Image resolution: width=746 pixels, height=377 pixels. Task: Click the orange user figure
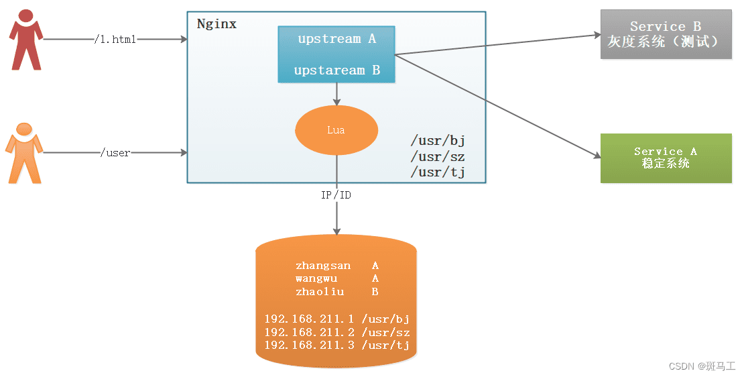(x=25, y=153)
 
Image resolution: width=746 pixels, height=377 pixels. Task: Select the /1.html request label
(x=115, y=40)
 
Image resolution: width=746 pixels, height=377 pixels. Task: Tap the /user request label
(x=115, y=153)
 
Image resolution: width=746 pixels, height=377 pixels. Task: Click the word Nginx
(x=216, y=24)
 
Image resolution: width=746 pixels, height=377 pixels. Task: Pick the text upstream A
(x=336, y=39)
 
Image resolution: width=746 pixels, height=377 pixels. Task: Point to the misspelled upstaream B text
(x=336, y=70)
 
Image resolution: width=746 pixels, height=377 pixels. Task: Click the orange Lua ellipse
(x=336, y=130)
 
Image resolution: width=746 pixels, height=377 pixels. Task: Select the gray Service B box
(x=666, y=34)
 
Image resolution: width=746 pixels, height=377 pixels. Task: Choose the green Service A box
(x=666, y=158)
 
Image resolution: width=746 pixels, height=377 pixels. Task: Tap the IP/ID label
(x=336, y=195)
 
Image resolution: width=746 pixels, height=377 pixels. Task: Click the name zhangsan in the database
(x=323, y=266)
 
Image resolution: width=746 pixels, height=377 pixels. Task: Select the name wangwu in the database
(x=316, y=278)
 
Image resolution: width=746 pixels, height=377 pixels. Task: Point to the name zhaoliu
(x=320, y=292)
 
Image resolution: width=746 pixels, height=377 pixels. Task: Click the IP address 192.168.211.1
(x=309, y=319)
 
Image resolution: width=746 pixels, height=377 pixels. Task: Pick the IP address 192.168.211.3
(x=309, y=345)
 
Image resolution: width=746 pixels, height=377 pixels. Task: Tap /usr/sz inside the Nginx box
(x=438, y=157)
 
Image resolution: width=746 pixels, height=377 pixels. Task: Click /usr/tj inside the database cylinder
(x=385, y=345)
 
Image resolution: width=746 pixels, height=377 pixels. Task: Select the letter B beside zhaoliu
(x=375, y=292)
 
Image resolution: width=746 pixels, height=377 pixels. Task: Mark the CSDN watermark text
(x=702, y=366)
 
